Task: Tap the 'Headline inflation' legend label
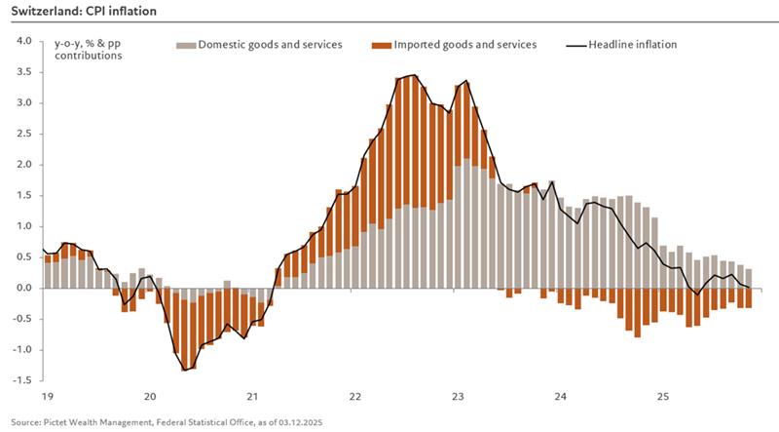coord(632,45)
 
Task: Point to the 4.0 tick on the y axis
coord(24,41)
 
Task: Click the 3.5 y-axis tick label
coord(24,72)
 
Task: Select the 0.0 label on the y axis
coord(24,288)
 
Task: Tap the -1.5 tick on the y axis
coord(22,380)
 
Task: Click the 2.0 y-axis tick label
coord(24,165)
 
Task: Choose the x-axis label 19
coord(47,397)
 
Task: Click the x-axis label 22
coord(355,397)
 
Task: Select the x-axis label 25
coord(663,397)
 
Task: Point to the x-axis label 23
coord(458,397)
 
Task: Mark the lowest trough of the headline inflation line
coord(184,371)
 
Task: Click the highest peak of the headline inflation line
coord(416,74)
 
